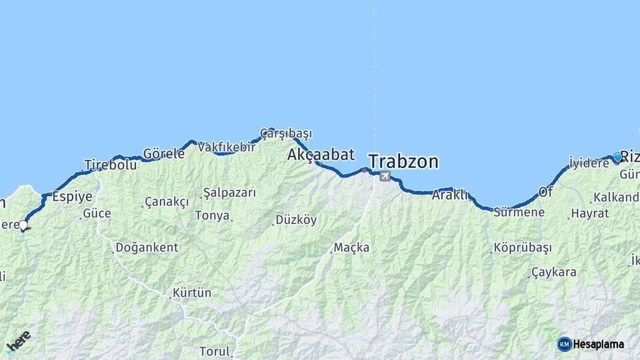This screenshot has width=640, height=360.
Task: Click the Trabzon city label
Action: [x=403, y=161]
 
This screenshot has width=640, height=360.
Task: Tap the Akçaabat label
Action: [x=321, y=155]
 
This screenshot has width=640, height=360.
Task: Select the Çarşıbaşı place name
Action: [x=286, y=133]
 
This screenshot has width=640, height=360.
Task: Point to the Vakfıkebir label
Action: [x=227, y=147]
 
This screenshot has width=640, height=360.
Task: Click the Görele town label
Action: [x=164, y=153]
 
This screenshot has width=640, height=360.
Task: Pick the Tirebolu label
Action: [x=111, y=165]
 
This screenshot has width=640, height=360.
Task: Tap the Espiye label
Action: [x=71, y=196]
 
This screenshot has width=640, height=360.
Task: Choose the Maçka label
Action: [x=351, y=247]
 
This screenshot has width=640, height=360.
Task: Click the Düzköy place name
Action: [x=296, y=219]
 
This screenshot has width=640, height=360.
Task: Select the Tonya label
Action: [x=212, y=215]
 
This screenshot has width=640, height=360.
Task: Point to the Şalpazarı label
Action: [x=229, y=192]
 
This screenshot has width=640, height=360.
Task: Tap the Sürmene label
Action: [x=519, y=213]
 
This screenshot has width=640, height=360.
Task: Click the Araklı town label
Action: [x=450, y=195]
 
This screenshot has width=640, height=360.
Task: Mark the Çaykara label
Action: [x=553, y=272]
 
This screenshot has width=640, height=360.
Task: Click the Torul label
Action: [x=215, y=351]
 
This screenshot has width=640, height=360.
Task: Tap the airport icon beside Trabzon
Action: [x=385, y=176]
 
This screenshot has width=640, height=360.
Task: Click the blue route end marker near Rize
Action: [x=617, y=157]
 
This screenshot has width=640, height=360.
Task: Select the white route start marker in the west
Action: [x=23, y=225]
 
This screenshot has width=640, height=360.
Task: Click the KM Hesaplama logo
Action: [x=591, y=344]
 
